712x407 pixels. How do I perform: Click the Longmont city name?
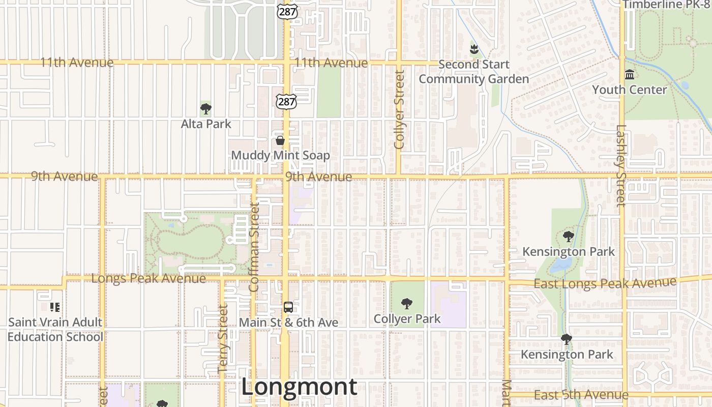[x=299, y=387]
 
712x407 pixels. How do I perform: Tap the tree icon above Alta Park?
[x=206, y=108]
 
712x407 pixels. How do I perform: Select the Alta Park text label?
[x=206, y=124]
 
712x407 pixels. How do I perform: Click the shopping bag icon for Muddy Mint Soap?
[x=280, y=140]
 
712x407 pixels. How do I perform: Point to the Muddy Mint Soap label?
[x=280, y=155]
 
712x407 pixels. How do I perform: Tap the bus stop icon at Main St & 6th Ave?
[x=288, y=307]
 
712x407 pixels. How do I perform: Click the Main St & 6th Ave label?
[x=288, y=323]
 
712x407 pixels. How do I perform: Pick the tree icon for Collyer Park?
[x=407, y=304]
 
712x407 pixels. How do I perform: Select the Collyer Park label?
[x=407, y=319]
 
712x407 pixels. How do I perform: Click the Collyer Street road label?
[x=399, y=109]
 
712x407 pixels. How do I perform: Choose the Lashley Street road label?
[x=621, y=166]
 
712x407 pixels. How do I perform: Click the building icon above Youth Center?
[x=630, y=75]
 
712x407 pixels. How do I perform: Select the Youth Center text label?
[x=629, y=90]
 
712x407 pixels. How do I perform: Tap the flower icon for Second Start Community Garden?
[x=474, y=49]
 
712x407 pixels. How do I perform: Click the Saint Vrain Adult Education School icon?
[x=55, y=307]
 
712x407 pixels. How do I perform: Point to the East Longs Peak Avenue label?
[x=605, y=283]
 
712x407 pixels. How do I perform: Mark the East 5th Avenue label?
[x=581, y=395]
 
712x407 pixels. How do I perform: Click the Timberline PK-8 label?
[x=666, y=5]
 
